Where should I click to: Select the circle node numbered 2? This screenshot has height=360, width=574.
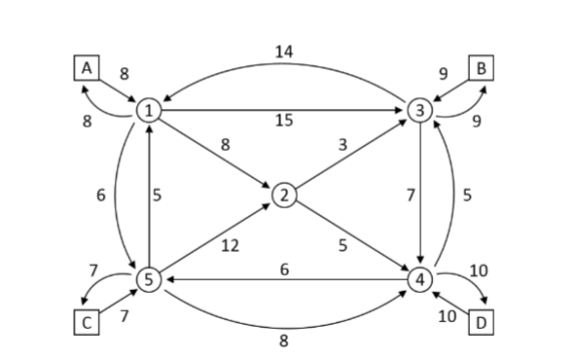[x=284, y=196]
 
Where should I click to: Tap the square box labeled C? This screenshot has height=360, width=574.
[x=88, y=324]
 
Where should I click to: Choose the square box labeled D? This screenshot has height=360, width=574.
[x=480, y=322]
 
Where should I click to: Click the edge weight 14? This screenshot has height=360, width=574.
[x=283, y=52]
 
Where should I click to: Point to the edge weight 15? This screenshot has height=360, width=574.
[x=283, y=122]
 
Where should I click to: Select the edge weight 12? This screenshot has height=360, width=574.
[x=230, y=246]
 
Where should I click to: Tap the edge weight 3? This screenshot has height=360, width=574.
[x=342, y=144]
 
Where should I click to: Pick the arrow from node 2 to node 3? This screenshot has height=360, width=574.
[x=351, y=153]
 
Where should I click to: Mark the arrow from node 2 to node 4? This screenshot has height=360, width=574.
[x=351, y=237]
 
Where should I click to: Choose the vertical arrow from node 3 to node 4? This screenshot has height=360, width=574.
[x=418, y=195]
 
